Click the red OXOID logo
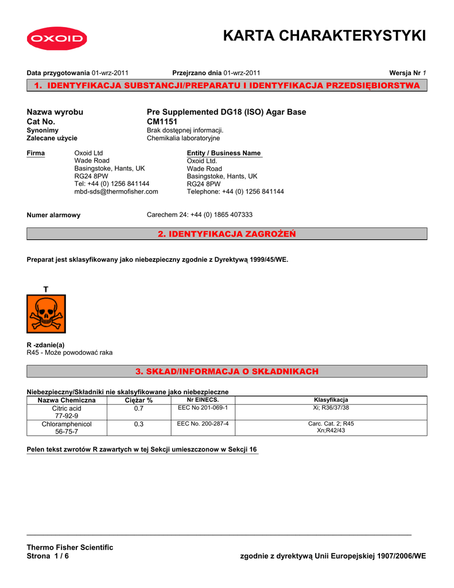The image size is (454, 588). click(x=56, y=39)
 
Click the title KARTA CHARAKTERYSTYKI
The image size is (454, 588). click(x=324, y=36)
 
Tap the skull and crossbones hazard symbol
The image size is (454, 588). click(x=46, y=314)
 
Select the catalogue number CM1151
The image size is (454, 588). click(x=162, y=122)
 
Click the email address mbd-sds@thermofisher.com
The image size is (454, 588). click(x=116, y=191)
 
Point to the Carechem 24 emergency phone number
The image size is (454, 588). click(x=200, y=214)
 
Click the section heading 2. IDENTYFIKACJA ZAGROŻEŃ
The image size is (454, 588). click(x=227, y=234)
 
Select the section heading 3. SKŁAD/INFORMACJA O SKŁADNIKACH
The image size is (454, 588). click(x=227, y=372)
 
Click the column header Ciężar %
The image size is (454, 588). click(x=139, y=400)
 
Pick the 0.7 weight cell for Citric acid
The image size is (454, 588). click(x=139, y=408)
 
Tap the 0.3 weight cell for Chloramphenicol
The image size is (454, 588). click(x=139, y=424)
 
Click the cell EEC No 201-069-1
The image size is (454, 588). click(x=203, y=408)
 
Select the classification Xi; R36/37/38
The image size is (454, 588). click(x=331, y=408)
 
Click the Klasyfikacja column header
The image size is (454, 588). click(x=331, y=400)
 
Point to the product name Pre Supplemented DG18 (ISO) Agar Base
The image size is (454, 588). click(x=227, y=112)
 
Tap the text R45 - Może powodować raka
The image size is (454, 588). click(x=70, y=353)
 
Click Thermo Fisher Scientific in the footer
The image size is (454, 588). click(x=70, y=547)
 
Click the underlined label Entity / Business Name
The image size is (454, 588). click(x=224, y=153)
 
